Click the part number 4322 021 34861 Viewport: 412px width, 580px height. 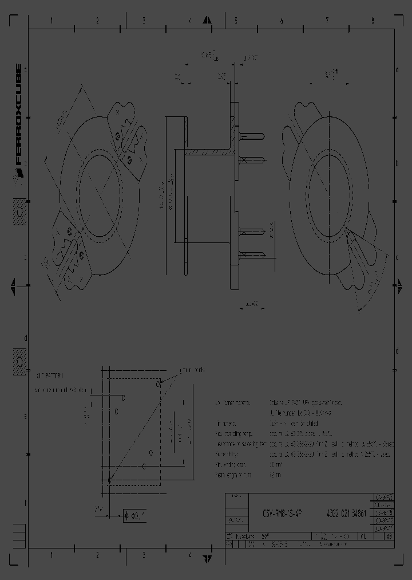(x=344, y=514)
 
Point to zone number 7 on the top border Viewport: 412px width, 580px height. (x=327, y=21)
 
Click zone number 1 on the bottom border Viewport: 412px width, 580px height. (x=51, y=555)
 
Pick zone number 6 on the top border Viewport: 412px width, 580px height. (x=281, y=21)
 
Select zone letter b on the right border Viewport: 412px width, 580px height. (x=397, y=163)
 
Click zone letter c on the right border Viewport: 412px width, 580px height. (x=397, y=257)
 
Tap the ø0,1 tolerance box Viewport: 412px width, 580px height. (x=135, y=516)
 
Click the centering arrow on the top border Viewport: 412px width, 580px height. (x=207, y=21)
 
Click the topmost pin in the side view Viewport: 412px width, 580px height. (x=252, y=136)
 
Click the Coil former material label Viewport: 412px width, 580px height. (x=232, y=403)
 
